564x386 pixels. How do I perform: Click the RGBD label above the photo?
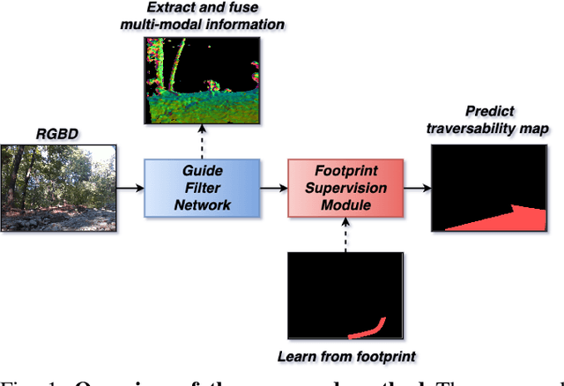tap(56, 134)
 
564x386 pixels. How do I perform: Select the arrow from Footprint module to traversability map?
tap(415, 187)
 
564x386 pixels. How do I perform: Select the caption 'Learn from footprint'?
tap(345, 357)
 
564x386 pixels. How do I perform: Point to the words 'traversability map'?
tap(487, 129)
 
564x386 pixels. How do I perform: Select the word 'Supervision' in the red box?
tap(345, 187)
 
